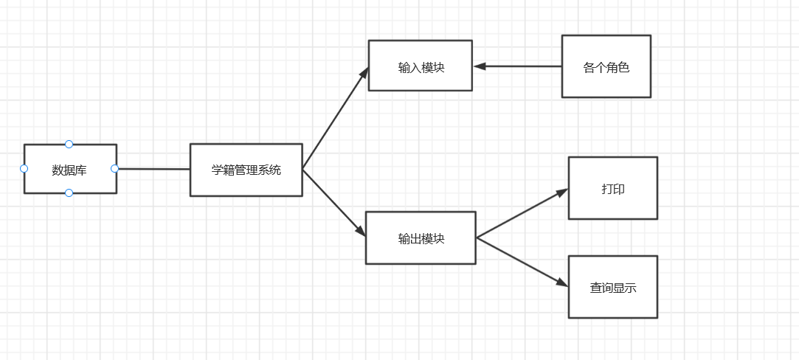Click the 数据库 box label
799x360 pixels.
(x=69, y=170)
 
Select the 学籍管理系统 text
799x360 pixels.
(x=246, y=170)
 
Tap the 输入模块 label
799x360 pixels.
(x=421, y=67)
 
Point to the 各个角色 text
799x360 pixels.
(x=606, y=67)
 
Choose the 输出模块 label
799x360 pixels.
(x=421, y=238)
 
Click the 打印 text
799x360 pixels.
(x=612, y=189)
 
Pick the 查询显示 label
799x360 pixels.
(x=612, y=288)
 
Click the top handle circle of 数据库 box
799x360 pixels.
(x=69, y=144)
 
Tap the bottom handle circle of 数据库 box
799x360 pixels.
(x=69, y=193)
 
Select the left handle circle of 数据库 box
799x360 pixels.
(x=24, y=168)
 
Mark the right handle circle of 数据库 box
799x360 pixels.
(x=114, y=168)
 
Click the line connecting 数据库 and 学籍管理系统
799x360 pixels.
(x=153, y=169)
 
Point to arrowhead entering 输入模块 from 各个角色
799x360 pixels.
(x=480, y=66)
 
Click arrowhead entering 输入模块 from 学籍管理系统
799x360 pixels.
(x=364, y=72)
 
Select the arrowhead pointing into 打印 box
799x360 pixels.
(x=562, y=192)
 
